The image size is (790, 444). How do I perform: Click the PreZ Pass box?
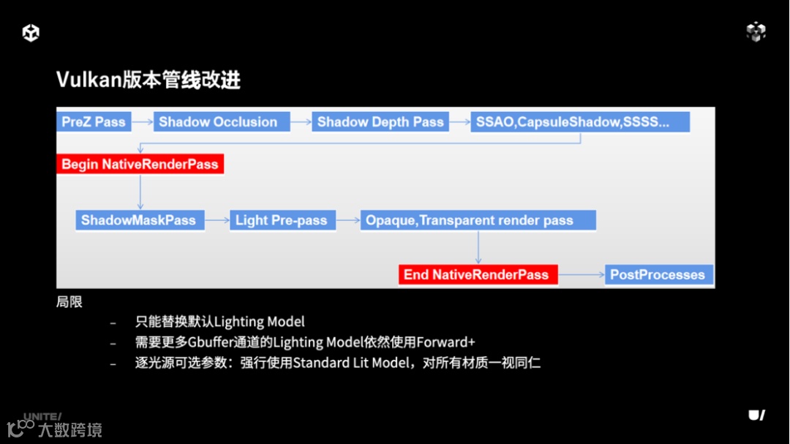94,122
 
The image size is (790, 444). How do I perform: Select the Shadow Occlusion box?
217,122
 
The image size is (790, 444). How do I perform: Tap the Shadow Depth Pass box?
380,122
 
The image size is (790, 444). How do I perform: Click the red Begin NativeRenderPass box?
140,164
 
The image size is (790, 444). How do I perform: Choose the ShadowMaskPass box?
139,220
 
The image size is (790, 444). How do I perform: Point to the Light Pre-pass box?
282,220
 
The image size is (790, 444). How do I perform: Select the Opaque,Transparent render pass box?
478,220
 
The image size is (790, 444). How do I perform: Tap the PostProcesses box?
658,275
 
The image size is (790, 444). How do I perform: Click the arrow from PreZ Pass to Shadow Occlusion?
142,122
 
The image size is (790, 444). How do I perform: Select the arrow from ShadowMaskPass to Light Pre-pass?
216,220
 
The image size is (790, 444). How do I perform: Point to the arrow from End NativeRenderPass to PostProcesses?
582,275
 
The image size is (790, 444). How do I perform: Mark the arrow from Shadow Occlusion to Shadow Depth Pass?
301,122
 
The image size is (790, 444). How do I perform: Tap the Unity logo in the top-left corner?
31,32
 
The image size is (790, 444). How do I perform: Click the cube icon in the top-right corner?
756,31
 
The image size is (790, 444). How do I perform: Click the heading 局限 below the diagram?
69,301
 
